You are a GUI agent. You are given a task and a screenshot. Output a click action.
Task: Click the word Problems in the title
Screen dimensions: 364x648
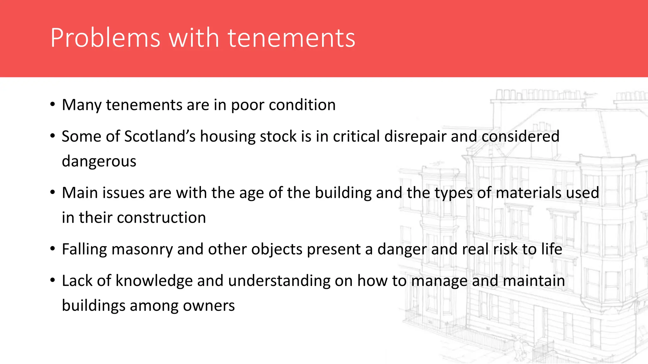point(105,38)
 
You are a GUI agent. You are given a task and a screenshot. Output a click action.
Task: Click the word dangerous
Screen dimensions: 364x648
point(99,161)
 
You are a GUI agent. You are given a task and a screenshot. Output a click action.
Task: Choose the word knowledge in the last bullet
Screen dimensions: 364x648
point(154,281)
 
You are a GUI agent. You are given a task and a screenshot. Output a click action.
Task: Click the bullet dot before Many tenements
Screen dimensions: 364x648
point(53,105)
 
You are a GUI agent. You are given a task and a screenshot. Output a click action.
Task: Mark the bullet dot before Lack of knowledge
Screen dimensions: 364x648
point(53,280)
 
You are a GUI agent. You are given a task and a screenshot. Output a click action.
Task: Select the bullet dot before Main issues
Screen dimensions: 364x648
point(53,192)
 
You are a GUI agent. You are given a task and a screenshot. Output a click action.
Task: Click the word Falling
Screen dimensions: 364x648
point(84,249)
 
